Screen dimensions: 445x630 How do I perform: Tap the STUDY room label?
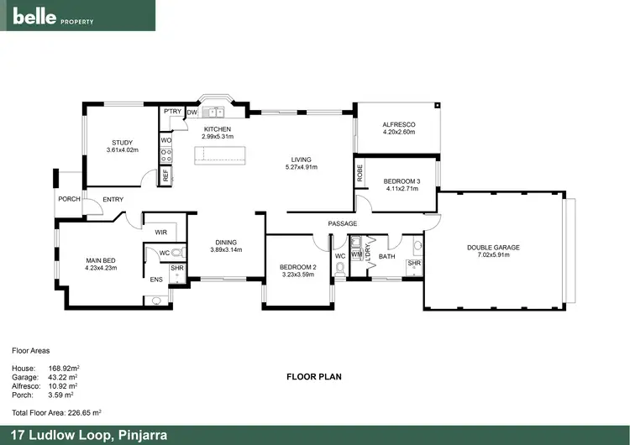coord(122,142)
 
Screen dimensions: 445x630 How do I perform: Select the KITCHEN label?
coord(217,128)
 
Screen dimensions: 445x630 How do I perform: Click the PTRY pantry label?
coord(173,111)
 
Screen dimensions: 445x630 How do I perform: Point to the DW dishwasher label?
coord(192,111)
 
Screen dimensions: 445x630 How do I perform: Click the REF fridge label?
coord(165,175)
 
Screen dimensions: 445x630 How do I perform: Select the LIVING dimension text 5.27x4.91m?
coord(301,167)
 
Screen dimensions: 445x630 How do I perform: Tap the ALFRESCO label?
coord(399,124)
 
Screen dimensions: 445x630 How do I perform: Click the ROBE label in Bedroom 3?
coord(360,174)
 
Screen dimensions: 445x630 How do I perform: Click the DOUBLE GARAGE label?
coord(494,247)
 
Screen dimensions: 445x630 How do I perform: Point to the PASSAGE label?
coord(343,223)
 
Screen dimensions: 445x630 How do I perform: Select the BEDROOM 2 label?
coord(297,267)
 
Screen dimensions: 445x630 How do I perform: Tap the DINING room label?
coord(225,242)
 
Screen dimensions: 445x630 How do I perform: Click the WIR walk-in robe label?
coord(160,232)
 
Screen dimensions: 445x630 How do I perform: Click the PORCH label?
coord(69,199)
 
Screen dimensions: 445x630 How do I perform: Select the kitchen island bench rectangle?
coord(222,154)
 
